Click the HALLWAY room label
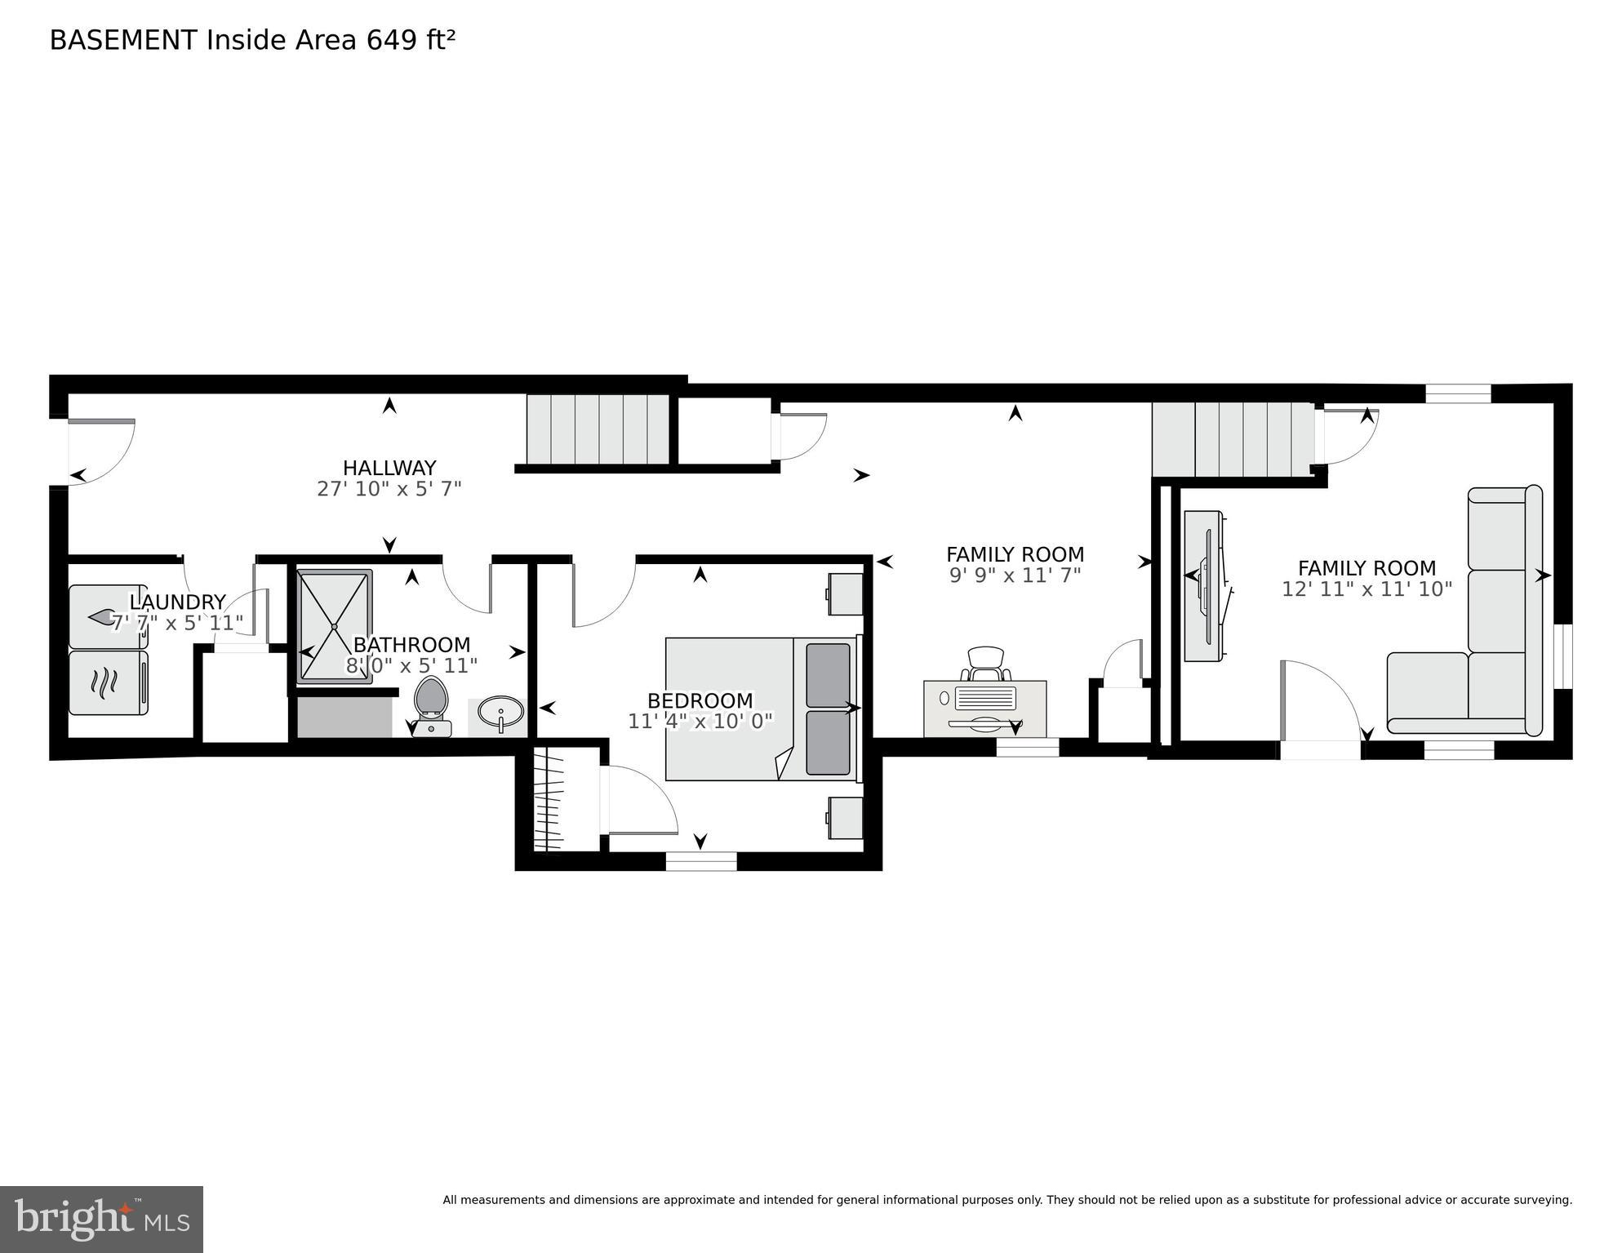pos(389,468)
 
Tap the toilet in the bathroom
pos(431,704)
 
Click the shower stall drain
pos(335,626)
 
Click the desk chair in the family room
pos(986,663)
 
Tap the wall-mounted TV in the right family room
pos(1206,586)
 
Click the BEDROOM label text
pos(700,700)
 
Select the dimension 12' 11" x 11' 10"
pos(1366,589)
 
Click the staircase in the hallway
pos(598,429)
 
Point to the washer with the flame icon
pos(108,617)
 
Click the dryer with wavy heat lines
pos(108,682)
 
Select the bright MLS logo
pos(101,1219)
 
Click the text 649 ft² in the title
pos(410,40)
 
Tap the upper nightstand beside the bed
pos(846,593)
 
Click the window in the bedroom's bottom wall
pos(700,860)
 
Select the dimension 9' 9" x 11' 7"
pos(1015,575)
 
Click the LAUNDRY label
pos(177,602)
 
